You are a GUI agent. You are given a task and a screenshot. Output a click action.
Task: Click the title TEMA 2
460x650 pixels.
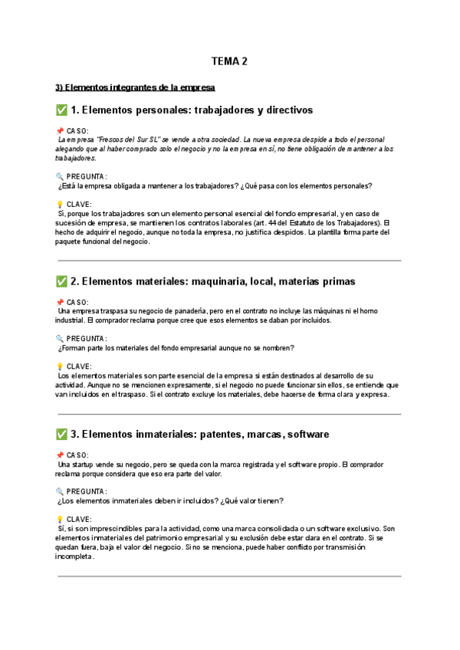pyautogui.click(x=229, y=61)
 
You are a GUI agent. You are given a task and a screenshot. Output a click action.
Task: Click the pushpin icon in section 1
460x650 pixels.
pyautogui.click(x=59, y=131)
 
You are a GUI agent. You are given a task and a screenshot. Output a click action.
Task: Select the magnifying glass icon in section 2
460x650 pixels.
pyautogui.click(x=59, y=338)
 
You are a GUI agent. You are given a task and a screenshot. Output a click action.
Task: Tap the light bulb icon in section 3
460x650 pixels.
pyautogui.click(x=59, y=519)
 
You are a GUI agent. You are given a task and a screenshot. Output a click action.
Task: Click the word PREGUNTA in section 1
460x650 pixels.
pyautogui.click(x=87, y=176)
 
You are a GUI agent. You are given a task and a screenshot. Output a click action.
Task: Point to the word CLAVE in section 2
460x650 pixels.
pyautogui.click(x=79, y=366)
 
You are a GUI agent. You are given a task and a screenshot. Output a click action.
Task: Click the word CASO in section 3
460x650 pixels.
pyautogui.click(x=77, y=455)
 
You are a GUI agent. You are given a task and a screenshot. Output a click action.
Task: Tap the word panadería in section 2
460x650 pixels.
pyautogui.click(x=187, y=311)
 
